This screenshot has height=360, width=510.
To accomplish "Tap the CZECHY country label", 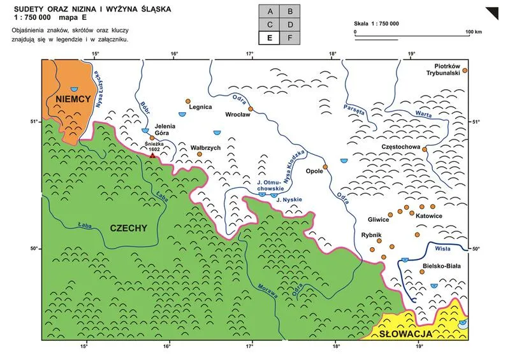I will click(x=128, y=228).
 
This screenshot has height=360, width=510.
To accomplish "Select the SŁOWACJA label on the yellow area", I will click(x=405, y=334).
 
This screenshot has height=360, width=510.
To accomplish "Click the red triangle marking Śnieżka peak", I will click(x=152, y=155).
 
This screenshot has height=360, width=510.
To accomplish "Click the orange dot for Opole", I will click(x=325, y=167).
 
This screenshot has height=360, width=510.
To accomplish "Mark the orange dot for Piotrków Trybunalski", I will click(x=465, y=70).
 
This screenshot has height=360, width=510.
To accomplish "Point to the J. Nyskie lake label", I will click(x=289, y=200).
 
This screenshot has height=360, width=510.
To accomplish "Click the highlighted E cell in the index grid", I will click(x=270, y=38).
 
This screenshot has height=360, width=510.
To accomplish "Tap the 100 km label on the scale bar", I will click(x=473, y=32).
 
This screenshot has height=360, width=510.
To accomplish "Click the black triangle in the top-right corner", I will click(x=493, y=13).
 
